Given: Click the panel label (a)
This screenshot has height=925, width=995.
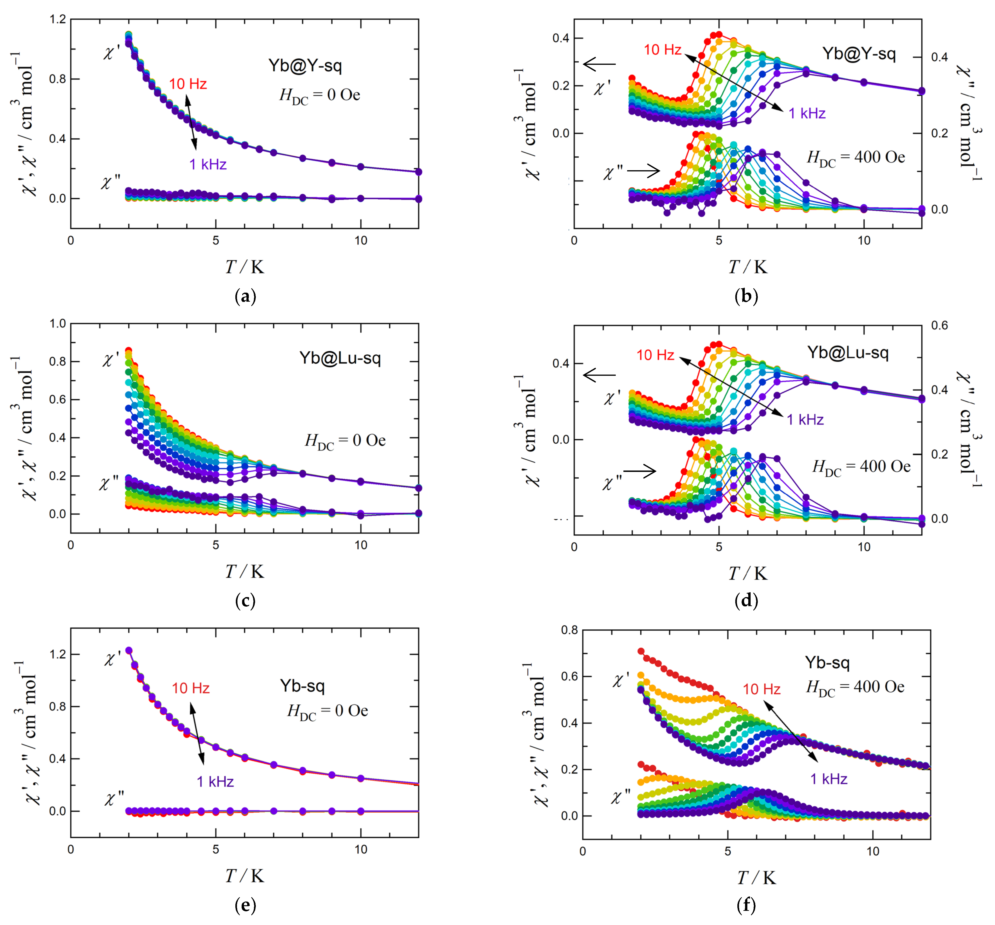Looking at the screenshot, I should (x=245, y=297).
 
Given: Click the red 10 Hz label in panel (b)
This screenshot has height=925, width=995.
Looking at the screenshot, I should (x=662, y=49).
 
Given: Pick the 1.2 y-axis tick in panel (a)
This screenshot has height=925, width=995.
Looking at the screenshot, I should (x=58, y=20).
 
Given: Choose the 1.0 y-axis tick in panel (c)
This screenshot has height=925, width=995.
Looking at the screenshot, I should (x=58, y=324).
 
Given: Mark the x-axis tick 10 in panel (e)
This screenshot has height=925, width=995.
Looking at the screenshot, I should (x=361, y=850).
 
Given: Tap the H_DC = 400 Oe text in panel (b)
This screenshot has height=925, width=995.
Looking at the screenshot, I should (x=856, y=158).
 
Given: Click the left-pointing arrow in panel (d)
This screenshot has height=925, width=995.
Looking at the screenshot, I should (x=599, y=375).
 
